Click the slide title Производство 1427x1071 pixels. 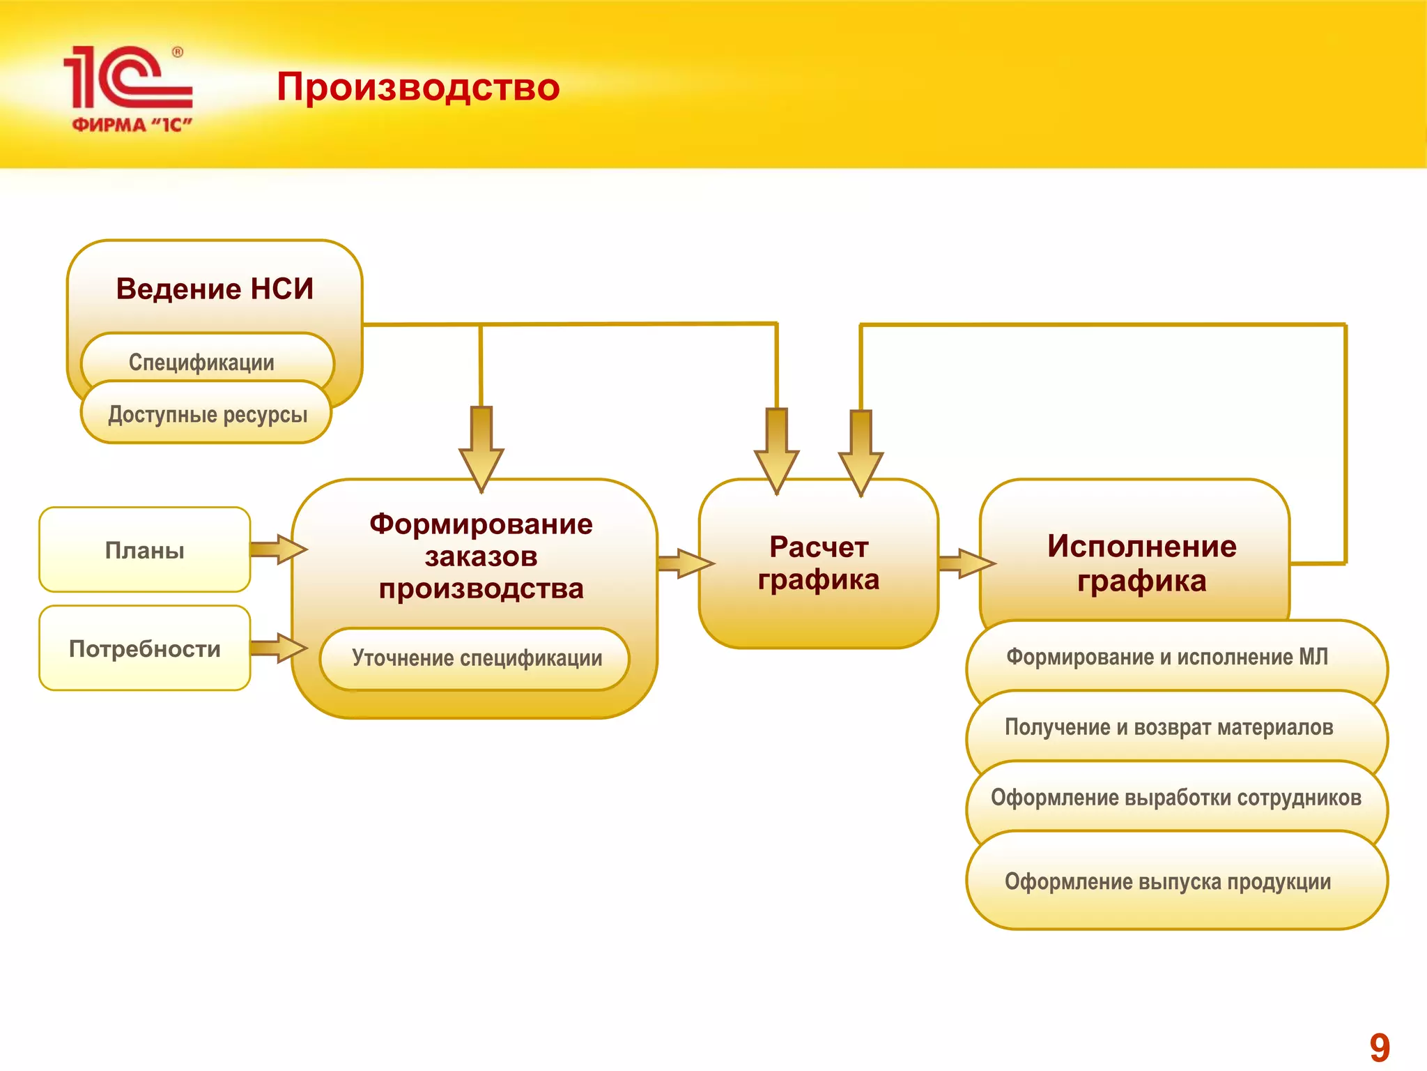418,88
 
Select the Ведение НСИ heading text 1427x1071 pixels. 215,289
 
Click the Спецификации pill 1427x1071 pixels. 202,362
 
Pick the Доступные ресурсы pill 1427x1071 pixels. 207,414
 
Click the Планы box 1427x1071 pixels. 144,550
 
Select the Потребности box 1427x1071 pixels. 144,648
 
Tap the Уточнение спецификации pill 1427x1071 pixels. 476,658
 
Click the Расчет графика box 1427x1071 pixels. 819,563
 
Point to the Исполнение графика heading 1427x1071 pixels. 1141,563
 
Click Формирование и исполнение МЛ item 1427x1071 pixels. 1167,657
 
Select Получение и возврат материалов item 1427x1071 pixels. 1168,727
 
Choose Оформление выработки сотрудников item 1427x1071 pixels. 1175,797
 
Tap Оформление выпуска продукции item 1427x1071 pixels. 1168,881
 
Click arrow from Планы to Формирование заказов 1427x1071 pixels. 277,549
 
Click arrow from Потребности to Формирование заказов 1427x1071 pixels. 277,648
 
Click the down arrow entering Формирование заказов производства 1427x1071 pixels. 481,450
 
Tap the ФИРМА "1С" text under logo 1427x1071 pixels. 132,125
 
